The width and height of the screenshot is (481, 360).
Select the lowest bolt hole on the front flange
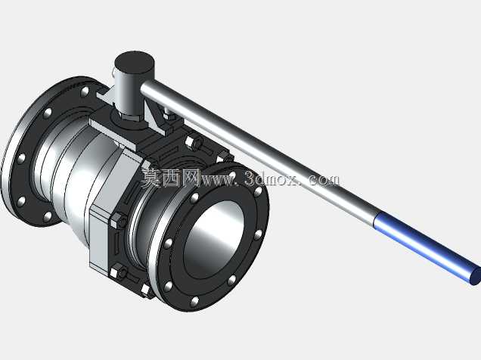194,301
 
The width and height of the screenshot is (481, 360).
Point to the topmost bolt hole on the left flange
85,91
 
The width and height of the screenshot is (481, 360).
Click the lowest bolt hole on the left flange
47,216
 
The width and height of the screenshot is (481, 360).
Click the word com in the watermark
325,180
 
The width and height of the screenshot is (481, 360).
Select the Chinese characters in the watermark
171,178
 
